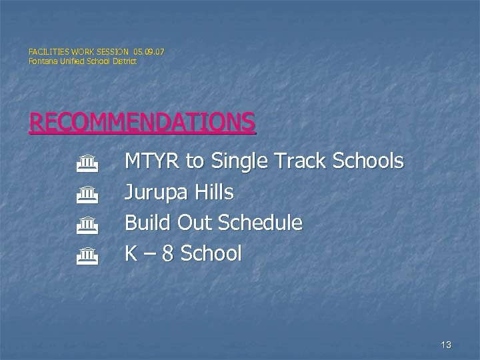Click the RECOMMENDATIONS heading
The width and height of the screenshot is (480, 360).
pyautogui.click(x=142, y=122)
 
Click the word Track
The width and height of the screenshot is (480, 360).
pyautogui.click(x=304, y=161)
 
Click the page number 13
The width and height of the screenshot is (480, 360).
pyautogui.click(x=446, y=345)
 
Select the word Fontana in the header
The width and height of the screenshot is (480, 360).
pyautogui.click(x=42, y=61)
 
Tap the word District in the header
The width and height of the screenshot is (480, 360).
pyautogui.click(x=124, y=61)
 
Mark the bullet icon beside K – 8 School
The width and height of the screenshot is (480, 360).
pyautogui.click(x=87, y=255)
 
